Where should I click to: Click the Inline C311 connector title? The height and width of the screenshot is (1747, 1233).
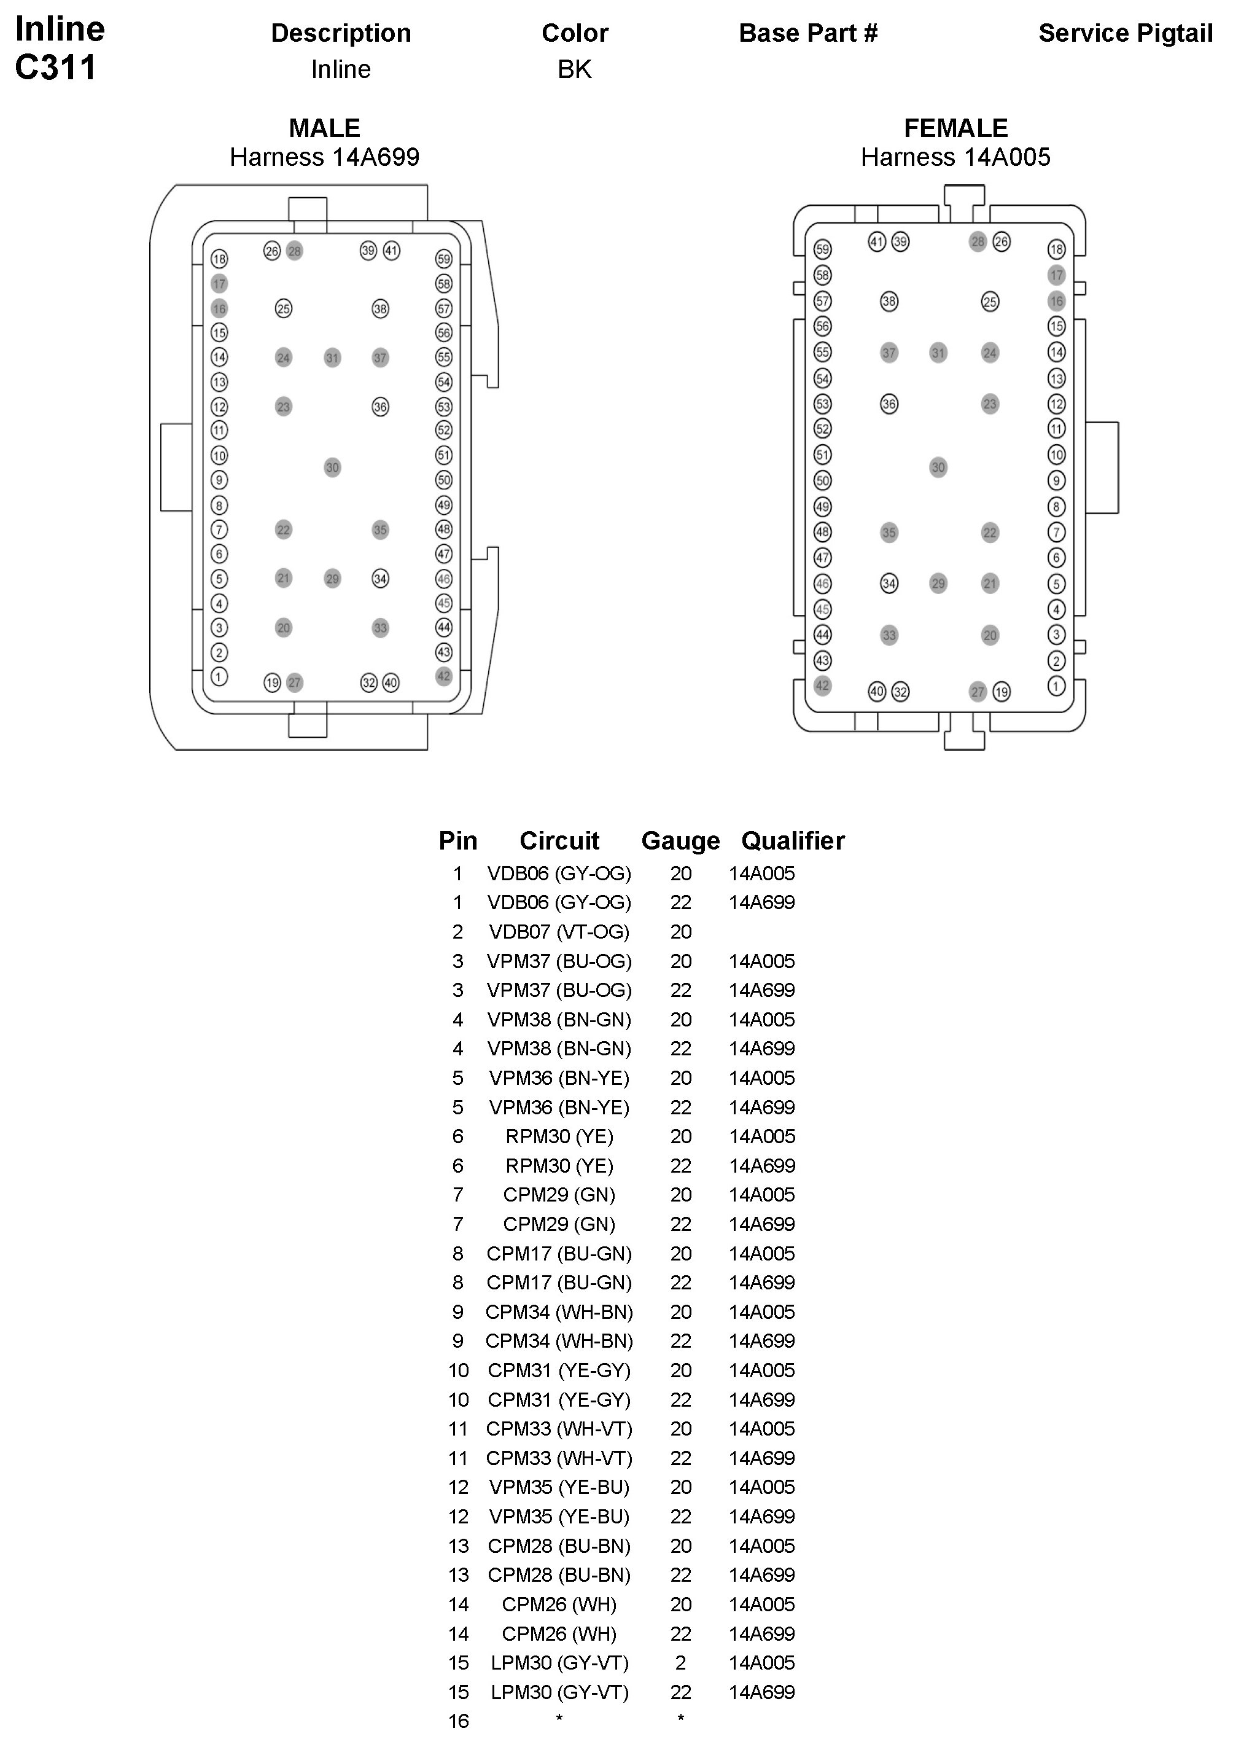(x=60, y=48)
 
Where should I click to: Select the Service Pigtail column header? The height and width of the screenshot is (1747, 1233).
(x=1125, y=34)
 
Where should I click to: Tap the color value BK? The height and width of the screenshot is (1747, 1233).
(x=574, y=69)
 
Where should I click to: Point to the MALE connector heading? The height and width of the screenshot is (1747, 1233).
(x=324, y=128)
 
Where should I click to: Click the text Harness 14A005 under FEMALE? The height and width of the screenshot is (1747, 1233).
(x=955, y=157)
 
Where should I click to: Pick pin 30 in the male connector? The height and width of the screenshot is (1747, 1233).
(x=332, y=467)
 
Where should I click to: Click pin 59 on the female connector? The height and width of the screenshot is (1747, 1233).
(x=822, y=249)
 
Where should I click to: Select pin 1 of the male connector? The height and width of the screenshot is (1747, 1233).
(x=219, y=676)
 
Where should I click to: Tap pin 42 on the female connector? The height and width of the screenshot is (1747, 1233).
(x=822, y=686)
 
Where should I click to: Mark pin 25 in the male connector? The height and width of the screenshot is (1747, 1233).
(x=283, y=308)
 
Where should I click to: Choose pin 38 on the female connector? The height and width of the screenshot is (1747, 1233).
(x=889, y=302)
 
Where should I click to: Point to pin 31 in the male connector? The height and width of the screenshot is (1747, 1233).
(x=332, y=358)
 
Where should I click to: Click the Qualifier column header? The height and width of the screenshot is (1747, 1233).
(x=793, y=841)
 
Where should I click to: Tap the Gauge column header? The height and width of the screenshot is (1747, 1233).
(x=680, y=841)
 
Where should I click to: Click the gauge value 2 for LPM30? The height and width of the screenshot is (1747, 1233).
(x=680, y=1663)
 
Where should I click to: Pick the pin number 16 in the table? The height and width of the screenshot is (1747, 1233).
(x=458, y=1721)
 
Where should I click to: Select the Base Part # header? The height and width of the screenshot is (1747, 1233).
(x=808, y=34)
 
